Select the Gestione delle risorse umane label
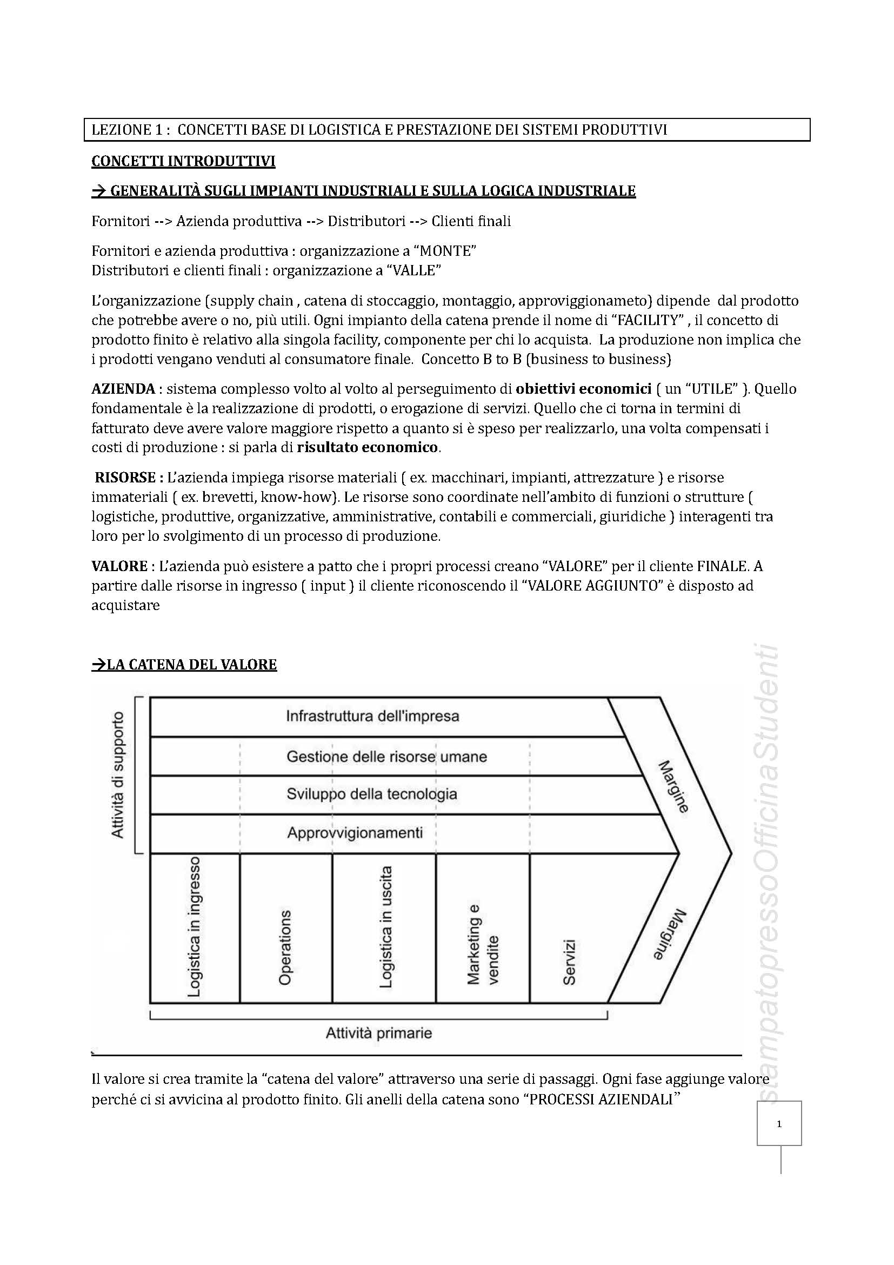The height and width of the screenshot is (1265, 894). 386,757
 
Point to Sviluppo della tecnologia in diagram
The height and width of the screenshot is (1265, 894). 371,794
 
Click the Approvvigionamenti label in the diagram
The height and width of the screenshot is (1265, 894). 355,832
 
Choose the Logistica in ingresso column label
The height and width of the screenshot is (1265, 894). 194,926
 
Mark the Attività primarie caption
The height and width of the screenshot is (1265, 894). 379,1032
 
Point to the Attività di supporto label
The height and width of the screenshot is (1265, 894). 118,775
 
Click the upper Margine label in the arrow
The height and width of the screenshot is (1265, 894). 673,787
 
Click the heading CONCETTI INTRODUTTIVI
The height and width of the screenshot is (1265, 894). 183,161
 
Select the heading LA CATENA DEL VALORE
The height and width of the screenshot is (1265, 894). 184,665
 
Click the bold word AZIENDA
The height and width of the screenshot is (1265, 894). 123,389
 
